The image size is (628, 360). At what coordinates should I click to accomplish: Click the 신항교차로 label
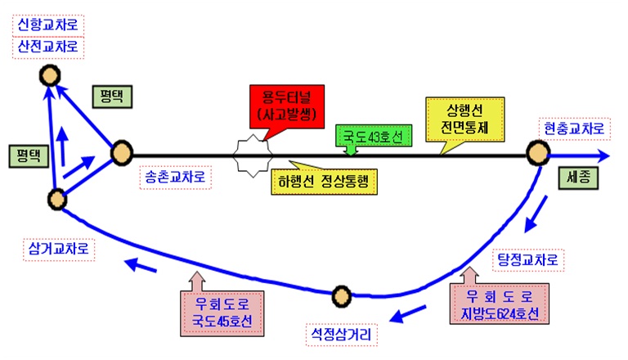(48, 24)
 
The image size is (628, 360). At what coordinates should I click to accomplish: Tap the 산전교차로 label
(48, 47)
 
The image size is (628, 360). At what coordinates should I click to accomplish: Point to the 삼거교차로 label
(58, 246)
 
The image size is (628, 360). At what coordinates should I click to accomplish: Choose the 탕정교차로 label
(531, 260)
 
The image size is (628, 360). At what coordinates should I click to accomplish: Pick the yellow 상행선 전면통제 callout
(467, 119)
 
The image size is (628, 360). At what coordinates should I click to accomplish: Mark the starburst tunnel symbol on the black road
(249, 155)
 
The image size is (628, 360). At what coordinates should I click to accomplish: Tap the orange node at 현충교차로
(538, 153)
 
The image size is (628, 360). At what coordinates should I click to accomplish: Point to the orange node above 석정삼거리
(342, 295)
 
